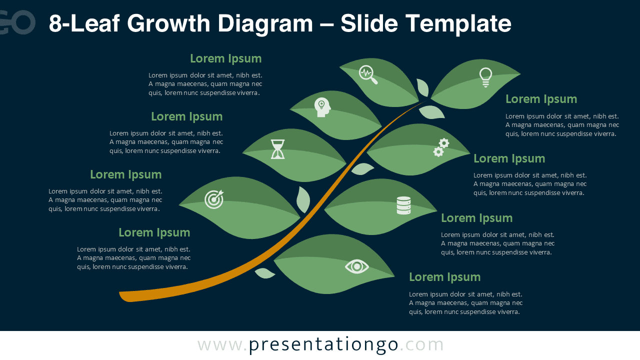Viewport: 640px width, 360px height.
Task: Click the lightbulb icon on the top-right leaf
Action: [485, 77]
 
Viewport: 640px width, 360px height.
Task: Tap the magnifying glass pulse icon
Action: [367, 74]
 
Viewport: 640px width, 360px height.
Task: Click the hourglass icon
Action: [278, 149]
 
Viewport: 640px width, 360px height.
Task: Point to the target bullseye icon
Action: [214, 199]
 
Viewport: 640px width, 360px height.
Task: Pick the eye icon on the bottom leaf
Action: [356, 266]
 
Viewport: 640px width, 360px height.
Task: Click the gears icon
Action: [441, 147]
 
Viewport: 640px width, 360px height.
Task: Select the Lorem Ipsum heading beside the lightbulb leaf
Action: [541, 99]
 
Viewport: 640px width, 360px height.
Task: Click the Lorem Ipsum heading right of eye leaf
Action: [444, 277]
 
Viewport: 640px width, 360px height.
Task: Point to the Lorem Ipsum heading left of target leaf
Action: [125, 174]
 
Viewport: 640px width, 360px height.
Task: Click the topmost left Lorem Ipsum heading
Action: [225, 58]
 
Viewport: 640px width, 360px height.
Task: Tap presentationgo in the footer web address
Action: [323, 345]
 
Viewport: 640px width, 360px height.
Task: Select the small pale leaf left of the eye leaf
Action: [264, 273]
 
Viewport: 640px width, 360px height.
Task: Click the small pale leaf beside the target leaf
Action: [303, 200]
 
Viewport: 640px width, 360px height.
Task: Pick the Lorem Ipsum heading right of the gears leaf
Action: [509, 158]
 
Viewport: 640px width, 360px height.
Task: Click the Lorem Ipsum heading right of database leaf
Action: [476, 218]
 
